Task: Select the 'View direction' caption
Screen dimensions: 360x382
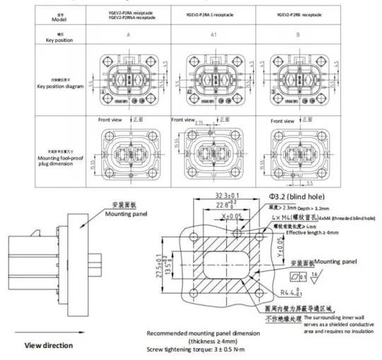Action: tap(49, 345)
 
